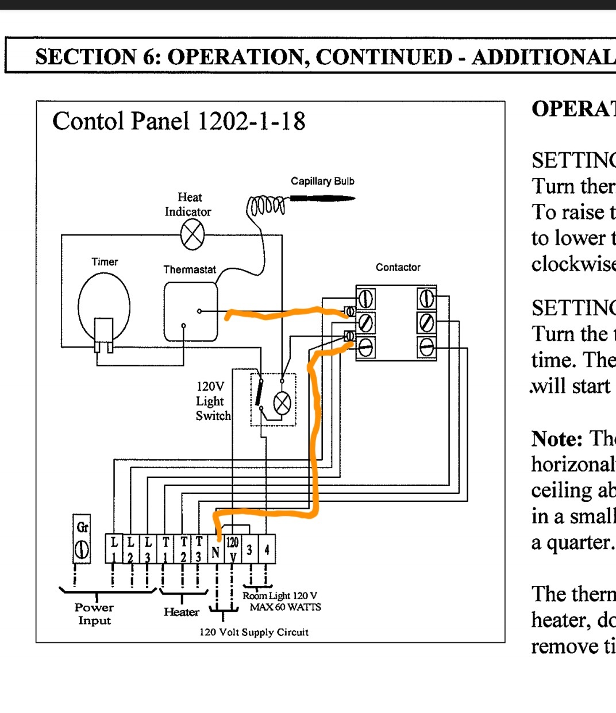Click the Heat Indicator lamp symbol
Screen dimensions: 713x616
(x=192, y=236)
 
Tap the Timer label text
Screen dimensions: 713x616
(x=105, y=262)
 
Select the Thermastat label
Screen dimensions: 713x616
(x=190, y=269)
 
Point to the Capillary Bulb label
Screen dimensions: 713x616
(x=322, y=182)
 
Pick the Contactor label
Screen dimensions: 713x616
(x=398, y=267)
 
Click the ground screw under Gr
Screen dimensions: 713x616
(x=82, y=550)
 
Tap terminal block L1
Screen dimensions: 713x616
(x=114, y=549)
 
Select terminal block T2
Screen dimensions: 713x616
(x=183, y=549)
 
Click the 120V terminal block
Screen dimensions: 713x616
(x=232, y=549)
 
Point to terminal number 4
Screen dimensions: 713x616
(x=267, y=550)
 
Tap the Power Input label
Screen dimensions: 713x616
(x=94, y=614)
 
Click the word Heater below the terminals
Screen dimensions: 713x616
(x=181, y=612)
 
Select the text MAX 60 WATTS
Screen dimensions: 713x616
(x=285, y=607)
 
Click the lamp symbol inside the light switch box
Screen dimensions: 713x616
(x=282, y=403)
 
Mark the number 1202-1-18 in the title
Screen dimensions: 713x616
(x=251, y=121)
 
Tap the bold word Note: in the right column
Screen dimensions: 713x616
(x=557, y=439)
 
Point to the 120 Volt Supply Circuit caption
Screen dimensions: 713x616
(x=254, y=633)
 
